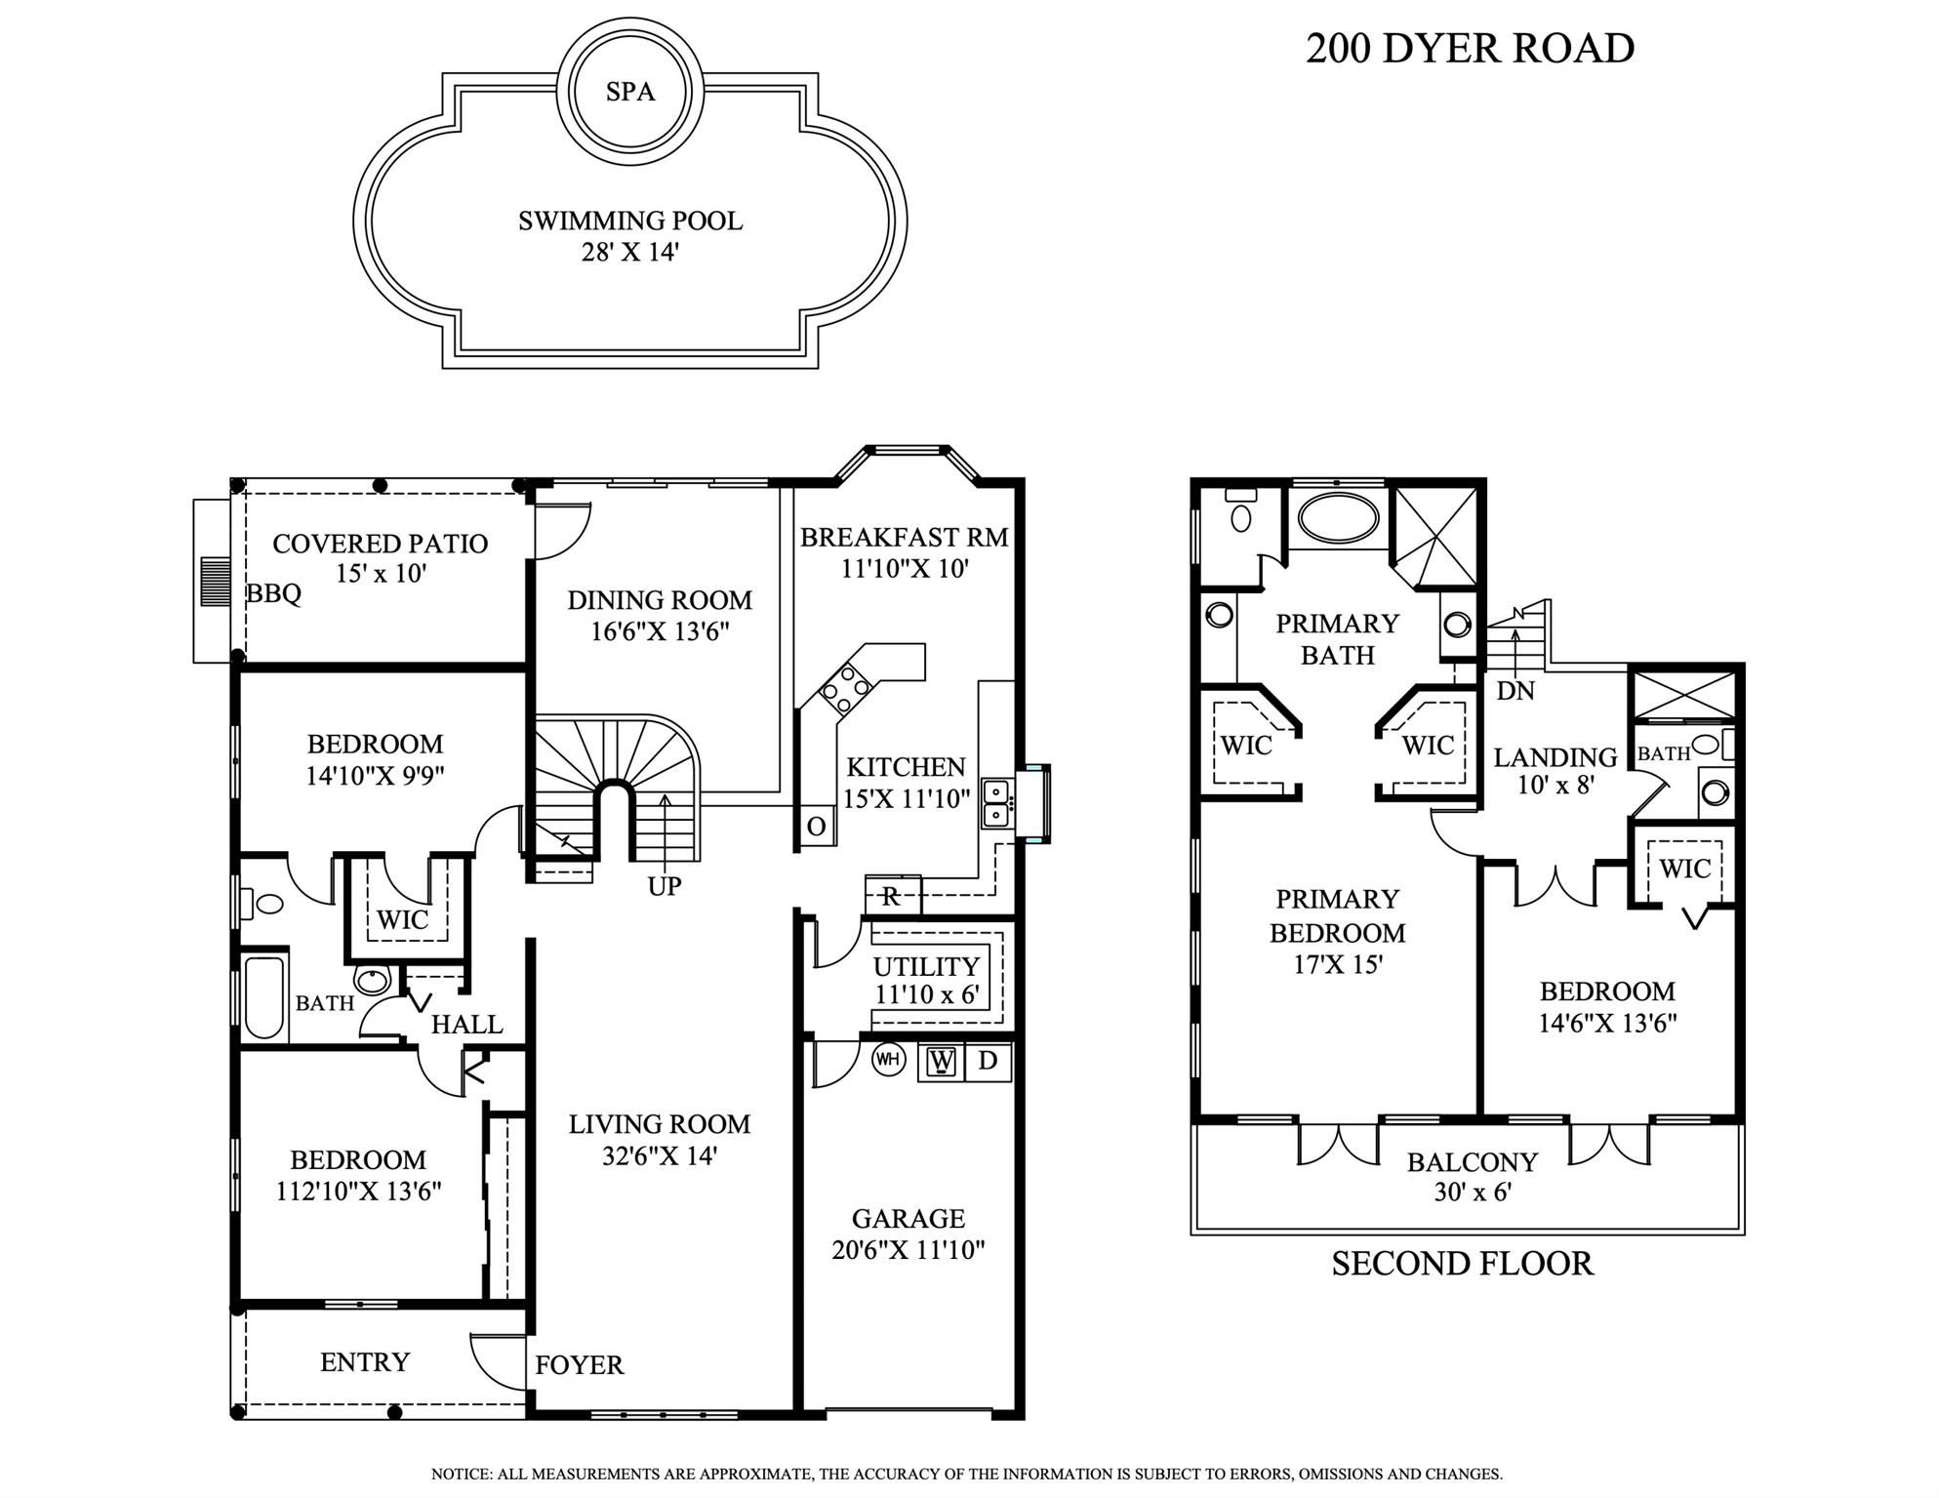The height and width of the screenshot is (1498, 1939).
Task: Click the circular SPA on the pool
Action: pyautogui.click(x=630, y=91)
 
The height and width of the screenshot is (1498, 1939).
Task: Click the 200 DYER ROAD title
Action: pyautogui.click(x=1470, y=49)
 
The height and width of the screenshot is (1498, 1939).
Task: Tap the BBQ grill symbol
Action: pyautogui.click(x=214, y=582)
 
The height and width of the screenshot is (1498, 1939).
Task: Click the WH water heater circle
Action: pyautogui.click(x=888, y=1060)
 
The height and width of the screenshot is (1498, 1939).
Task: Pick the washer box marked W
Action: pyautogui.click(x=941, y=1061)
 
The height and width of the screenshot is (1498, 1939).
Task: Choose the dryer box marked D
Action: pyautogui.click(x=988, y=1061)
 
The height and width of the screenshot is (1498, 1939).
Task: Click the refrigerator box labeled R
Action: pyautogui.click(x=891, y=896)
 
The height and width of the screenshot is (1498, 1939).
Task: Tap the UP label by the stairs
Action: pyautogui.click(x=665, y=886)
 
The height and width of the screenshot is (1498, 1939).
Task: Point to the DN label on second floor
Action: pyautogui.click(x=1515, y=691)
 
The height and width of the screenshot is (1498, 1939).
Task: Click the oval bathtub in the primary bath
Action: pyautogui.click(x=1337, y=518)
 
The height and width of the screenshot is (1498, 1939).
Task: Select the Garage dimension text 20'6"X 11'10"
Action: pyautogui.click(x=908, y=1250)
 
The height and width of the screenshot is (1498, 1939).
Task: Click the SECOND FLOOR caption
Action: pyautogui.click(x=1462, y=1264)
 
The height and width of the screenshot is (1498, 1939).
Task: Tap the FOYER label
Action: pyautogui.click(x=579, y=1365)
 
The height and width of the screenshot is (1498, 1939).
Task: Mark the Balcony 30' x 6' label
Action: pyautogui.click(x=1472, y=1177)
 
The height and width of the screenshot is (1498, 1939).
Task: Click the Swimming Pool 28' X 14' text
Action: pyautogui.click(x=630, y=236)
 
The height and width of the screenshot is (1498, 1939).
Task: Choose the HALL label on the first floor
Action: pyautogui.click(x=466, y=1025)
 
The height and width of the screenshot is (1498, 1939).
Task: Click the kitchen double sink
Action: pyautogui.click(x=994, y=803)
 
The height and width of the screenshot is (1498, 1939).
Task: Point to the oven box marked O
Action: pyautogui.click(x=816, y=827)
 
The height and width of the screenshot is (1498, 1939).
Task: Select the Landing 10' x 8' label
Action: pyautogui.click(x=1555, y=771)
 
